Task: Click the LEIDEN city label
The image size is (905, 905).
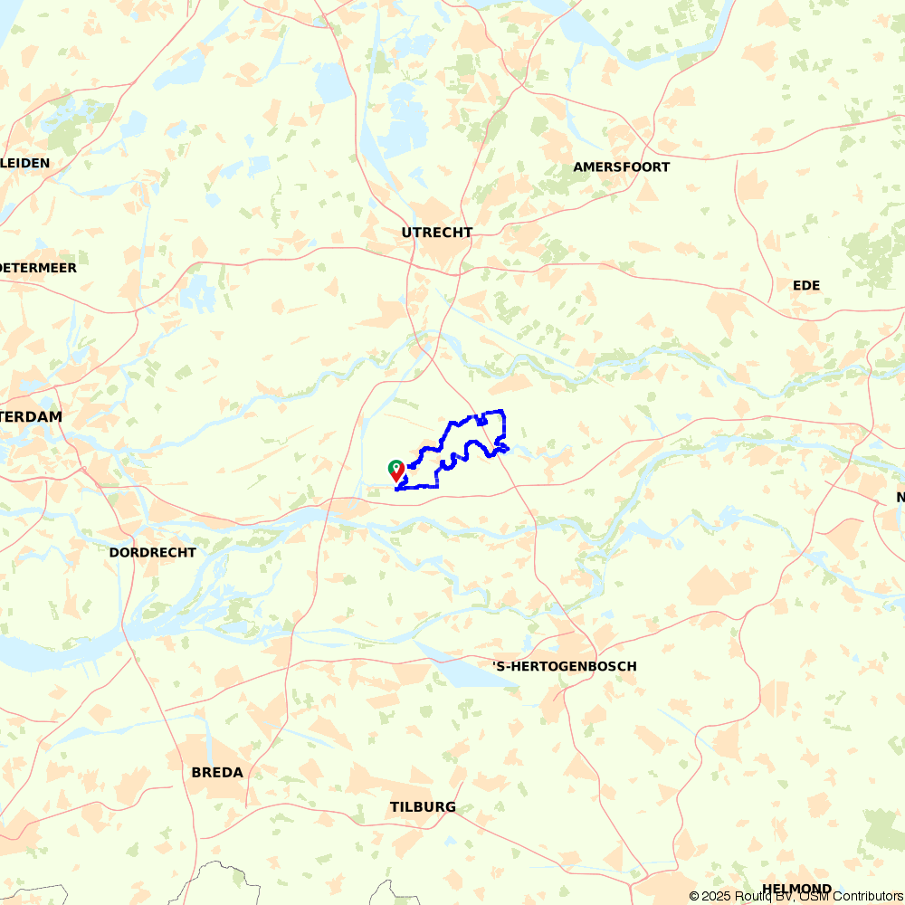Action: pos(26,163)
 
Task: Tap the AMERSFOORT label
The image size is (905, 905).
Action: pos(622,167)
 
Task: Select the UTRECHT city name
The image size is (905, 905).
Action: pos(437,233)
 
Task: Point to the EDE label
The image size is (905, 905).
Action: pos(806,285)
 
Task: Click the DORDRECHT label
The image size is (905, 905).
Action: pos(152,552)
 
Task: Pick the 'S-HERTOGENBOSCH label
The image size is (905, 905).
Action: pos(565,666)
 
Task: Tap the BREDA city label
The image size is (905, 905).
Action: pos(217,773)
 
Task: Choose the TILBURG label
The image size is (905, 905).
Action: pos(423,807)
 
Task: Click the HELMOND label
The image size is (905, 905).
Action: pos(796,889)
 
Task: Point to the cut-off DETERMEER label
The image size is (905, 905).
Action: pos(39,268)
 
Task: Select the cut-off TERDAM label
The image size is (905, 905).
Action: pos(32,417)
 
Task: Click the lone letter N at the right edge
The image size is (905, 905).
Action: pos(900,497)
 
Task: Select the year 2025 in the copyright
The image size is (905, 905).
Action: pos(718,896)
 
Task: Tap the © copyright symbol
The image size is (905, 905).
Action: pos(694,896)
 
